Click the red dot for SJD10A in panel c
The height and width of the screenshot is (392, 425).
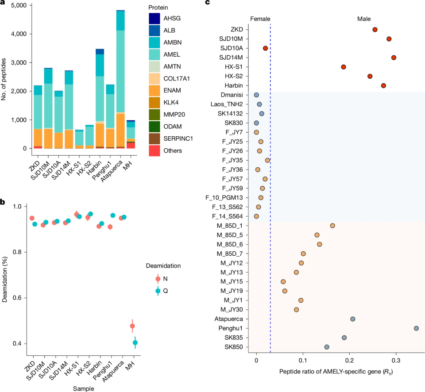[x=265, y=48]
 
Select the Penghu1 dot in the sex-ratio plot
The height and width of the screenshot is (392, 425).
[x=416, y=328]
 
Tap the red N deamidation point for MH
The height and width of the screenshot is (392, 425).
[x=132, y=326]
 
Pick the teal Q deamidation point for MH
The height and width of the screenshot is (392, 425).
[x=135, y=343]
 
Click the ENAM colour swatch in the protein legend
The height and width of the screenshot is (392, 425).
[x=154, y=91]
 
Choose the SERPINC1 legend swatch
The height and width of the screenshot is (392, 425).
[x=154, y=138]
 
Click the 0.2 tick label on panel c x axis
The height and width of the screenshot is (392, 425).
[x=349, y=361]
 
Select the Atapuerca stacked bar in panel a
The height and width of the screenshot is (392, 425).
[x=120, y=79]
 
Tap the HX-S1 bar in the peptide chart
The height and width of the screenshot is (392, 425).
[x=79, y=139]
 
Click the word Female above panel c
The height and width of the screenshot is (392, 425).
[x=260, y=19]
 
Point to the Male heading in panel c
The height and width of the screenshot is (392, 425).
[x=364, y=19]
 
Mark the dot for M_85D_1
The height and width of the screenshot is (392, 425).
[x=332, y=226]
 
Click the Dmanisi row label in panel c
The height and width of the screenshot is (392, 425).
[x=232, y=95]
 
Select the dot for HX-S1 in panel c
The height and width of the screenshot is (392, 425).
[x=344, y=67]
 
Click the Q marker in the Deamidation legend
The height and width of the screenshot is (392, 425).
[x=158, y=291]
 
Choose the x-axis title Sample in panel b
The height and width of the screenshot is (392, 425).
[x=84, y=388]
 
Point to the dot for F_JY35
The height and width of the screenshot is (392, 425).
[x=267, y=160]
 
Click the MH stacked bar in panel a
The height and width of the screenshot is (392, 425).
[x=131, y=135]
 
